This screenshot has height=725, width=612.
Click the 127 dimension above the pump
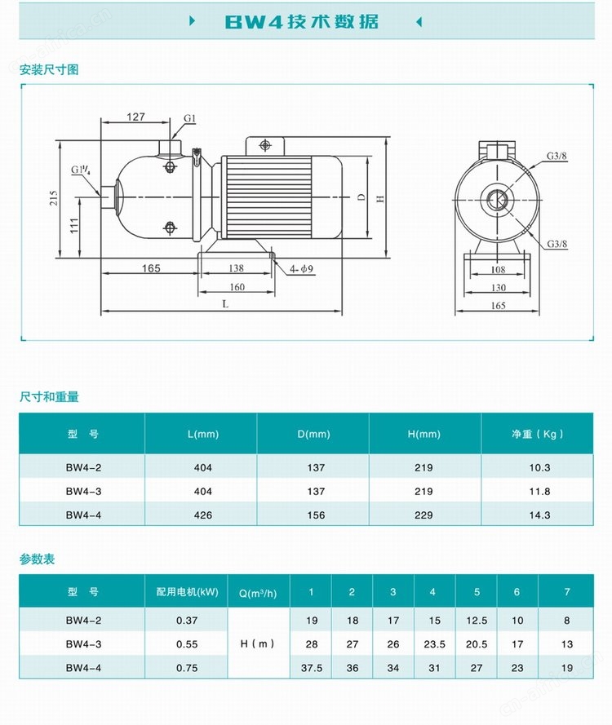tap(135, 117)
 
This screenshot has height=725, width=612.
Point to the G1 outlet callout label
tap(190, 118)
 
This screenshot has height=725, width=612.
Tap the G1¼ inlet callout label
tap(81, 170)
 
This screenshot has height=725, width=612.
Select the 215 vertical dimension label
tap(54, 198)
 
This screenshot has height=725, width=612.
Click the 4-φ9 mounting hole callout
tap(302, 268)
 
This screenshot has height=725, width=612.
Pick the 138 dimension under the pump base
tap(236, 268)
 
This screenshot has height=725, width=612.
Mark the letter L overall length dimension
tap(225, 303)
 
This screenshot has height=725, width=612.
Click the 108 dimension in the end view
tap(499, 270)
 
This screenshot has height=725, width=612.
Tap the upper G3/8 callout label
tap(557, 156)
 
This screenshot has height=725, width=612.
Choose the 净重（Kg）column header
tap(538, 434)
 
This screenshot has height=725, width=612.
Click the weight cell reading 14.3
tap(540, 515)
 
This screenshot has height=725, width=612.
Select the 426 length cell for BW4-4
tap(203, 515)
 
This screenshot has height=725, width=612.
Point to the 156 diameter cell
tap(316, 515)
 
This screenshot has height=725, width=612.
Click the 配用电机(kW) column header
tap(187, 592)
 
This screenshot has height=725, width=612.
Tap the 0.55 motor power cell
tap(187, 644)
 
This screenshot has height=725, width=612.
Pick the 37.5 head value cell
tap(312, 668)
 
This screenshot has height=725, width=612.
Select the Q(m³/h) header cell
tap(258, 593)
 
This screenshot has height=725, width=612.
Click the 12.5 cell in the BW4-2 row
tap(477, 621)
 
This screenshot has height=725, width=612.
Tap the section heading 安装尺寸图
tap(49, 70)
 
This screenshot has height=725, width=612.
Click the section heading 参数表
tap(37, 559)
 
